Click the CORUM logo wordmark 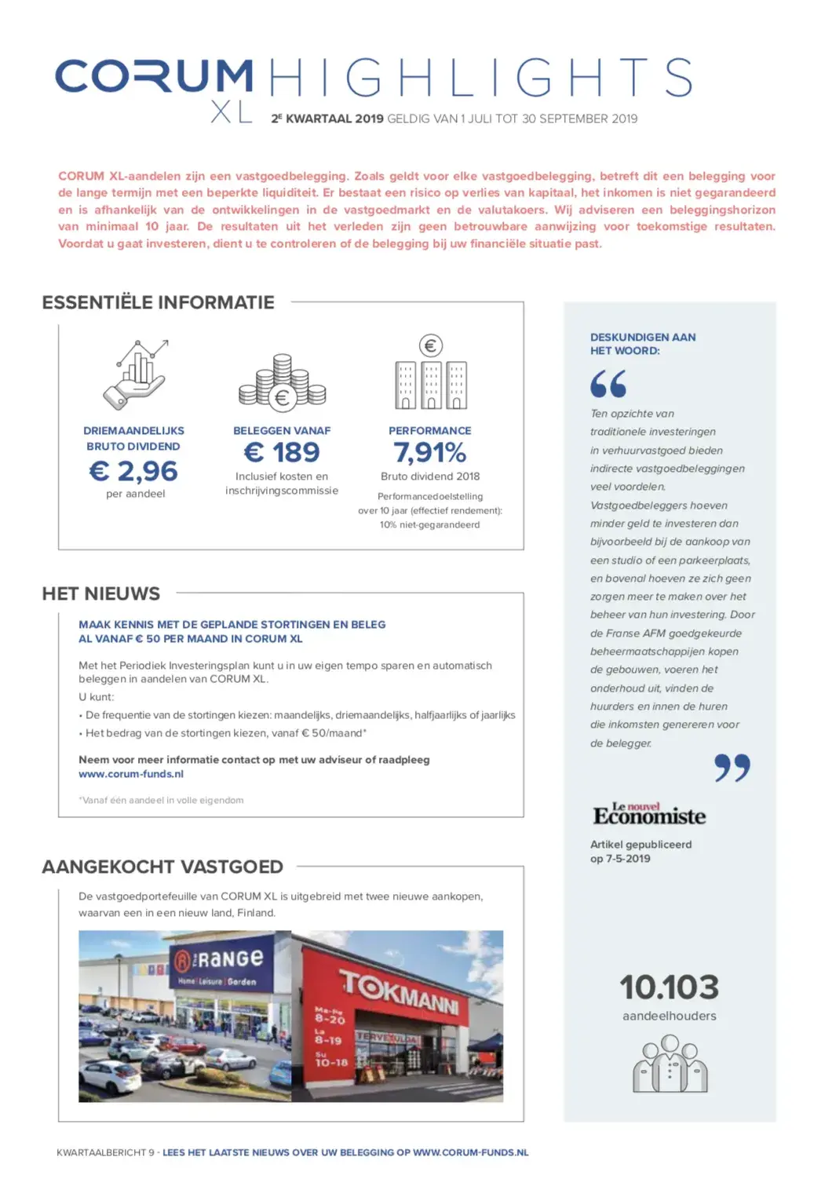(x=154, y=76)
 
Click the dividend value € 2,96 (x=133, y=471)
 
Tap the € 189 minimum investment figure (x=282, y=452)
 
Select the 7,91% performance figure (x=430, y=452)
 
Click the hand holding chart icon (x=137, y=374)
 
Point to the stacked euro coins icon (x=282, y=383)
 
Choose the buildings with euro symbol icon (x=431, y=374)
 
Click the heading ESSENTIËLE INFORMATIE (x=158, y=302)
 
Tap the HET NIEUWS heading (x=101, y=593)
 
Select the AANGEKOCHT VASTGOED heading (x=162, y=867)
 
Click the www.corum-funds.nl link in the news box (x=131, y=774)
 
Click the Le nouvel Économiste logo (x=649, y=815)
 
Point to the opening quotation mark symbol (x=608, y=384)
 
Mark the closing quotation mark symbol (x=732, y=768)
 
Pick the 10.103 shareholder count (x=669, y=987)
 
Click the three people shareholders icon (x=670, y=1064)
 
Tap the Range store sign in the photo (x=218, y=959)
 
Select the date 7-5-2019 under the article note (x=628, y=859)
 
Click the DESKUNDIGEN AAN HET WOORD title (x=643, y=344)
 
